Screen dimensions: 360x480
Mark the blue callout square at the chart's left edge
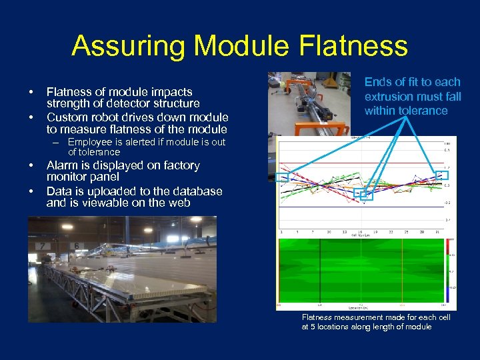(x=282, y=177)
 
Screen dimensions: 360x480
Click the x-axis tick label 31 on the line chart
(x=436, y=232)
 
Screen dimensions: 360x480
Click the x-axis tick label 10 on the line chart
(x=329, y=232)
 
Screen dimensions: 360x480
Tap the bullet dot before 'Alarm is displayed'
(x=31, y=165)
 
